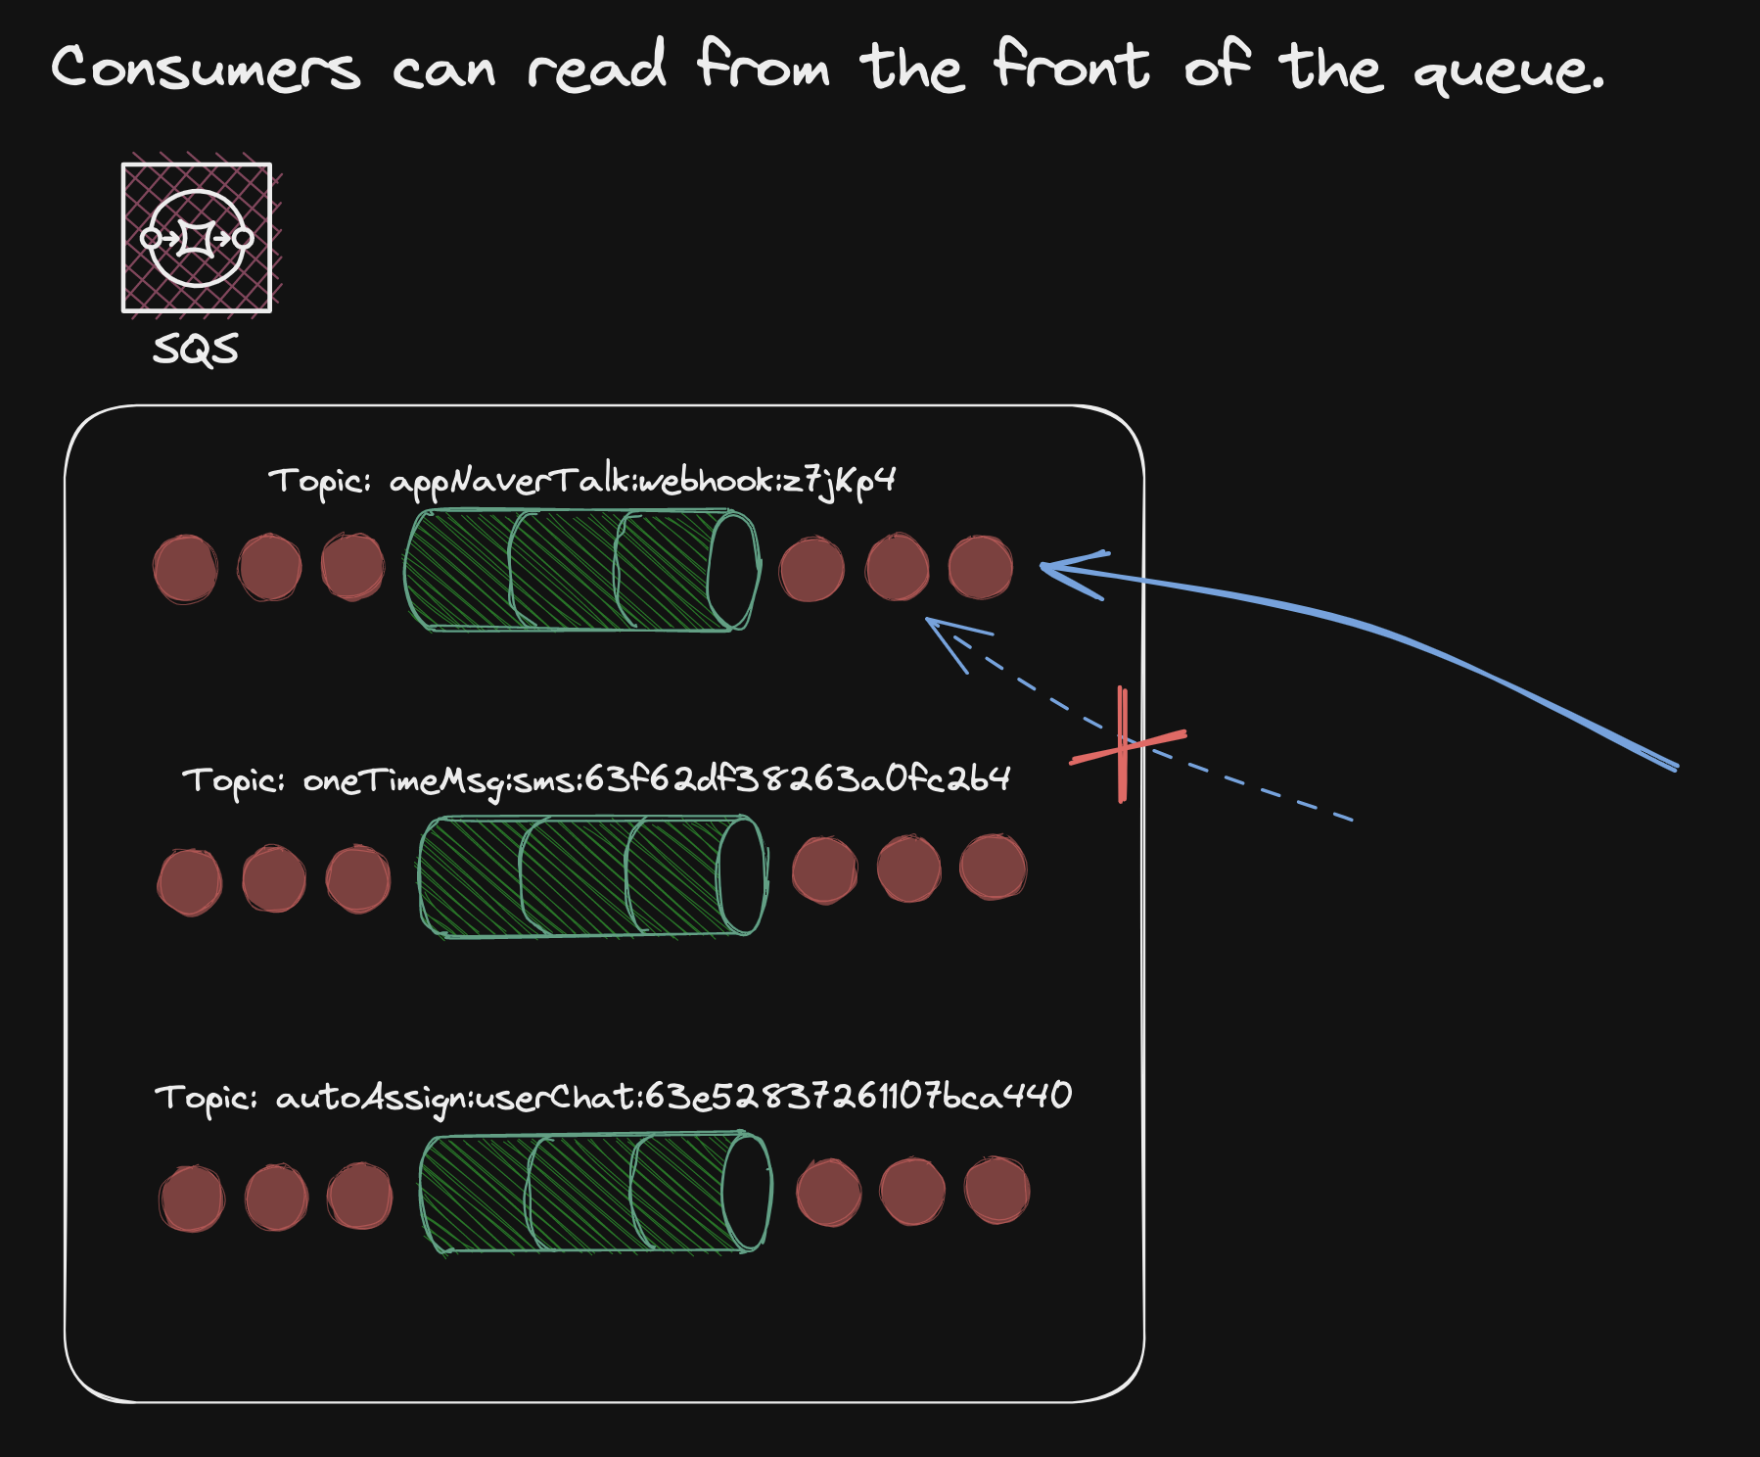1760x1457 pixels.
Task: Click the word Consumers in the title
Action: [206, 69]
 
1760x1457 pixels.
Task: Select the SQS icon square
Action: [197, 238]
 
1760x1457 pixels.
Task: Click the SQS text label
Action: [196, 350]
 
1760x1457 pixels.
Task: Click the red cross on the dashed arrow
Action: [1126, 745]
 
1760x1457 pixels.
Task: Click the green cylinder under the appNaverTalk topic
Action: [581, 570]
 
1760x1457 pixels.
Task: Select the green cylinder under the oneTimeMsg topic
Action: [592, 876]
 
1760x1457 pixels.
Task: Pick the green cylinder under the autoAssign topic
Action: [595, 1193]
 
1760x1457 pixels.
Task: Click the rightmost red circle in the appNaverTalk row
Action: [980, 568]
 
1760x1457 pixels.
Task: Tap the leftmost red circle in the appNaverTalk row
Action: [185, 569]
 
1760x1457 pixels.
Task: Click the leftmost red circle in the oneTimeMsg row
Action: [189, 881]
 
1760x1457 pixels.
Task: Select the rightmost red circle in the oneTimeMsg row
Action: [993, 867]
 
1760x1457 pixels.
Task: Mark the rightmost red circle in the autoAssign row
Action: [996, 1191]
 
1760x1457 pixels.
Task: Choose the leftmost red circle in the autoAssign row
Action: [191, 1198]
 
